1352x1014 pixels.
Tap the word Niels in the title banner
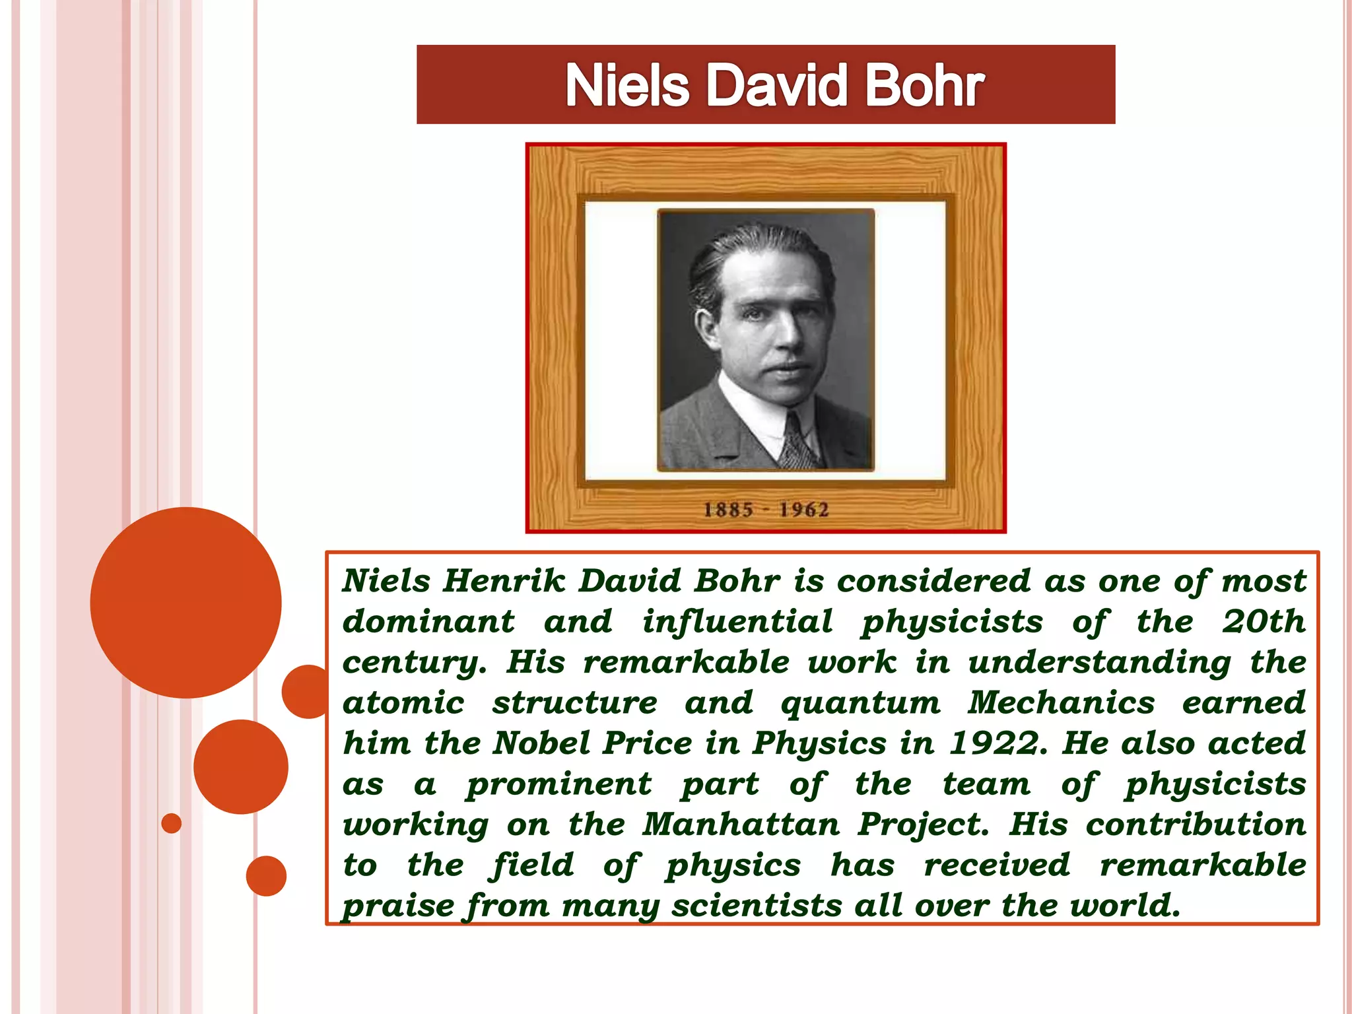tap(627, 86)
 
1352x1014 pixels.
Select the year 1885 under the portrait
tap(727, 510)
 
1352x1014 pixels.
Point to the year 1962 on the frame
tap(803, 510)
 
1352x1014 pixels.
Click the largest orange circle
tap(186, 602)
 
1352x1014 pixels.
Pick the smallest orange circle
tap(172, 823)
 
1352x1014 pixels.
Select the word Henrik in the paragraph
tap(504, 582)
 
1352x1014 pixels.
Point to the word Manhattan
tap(741, 825)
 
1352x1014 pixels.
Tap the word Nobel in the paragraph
tap(541, 743)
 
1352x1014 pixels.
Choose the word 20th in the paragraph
tap(1264, 622)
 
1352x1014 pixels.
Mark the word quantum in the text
tap(860, 703)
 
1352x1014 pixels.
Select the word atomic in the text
tap(403, 703)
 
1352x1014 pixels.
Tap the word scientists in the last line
tap(757, 906)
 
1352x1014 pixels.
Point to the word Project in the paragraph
tap(923, 825)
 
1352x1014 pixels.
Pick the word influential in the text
tap(737, 622)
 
